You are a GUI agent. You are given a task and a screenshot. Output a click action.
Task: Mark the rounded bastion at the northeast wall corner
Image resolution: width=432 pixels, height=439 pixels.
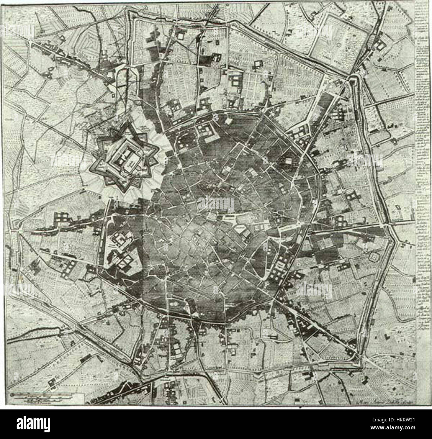[354, 79]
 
